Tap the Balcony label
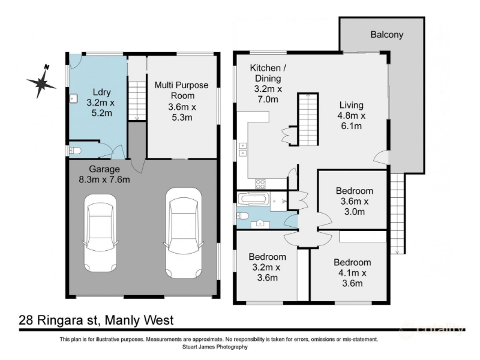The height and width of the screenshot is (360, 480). coord(386,35)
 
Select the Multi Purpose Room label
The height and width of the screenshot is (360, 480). coord(182,91)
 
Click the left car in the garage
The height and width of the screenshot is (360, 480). coord(100,233)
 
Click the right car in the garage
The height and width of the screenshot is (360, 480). coord(184,233)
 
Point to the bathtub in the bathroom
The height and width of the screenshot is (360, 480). coord(254,199)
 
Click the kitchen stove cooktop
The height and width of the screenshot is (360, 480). coord(260,184)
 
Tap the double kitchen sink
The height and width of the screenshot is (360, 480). coord(242,149)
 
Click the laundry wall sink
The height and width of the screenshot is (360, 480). coord(73,98)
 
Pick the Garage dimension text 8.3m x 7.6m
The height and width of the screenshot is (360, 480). coord(104,179)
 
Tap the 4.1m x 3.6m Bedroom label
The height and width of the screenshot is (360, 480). coord(352,273)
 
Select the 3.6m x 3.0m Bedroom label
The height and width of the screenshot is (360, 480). coord(355,201)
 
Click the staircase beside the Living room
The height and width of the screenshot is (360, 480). coord(308,119)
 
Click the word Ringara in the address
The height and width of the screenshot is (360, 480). coord(67,320)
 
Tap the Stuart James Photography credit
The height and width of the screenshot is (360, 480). coord(215,347)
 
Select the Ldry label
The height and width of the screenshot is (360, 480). coord(101,92)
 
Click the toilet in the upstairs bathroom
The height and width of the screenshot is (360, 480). coord(243,216)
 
